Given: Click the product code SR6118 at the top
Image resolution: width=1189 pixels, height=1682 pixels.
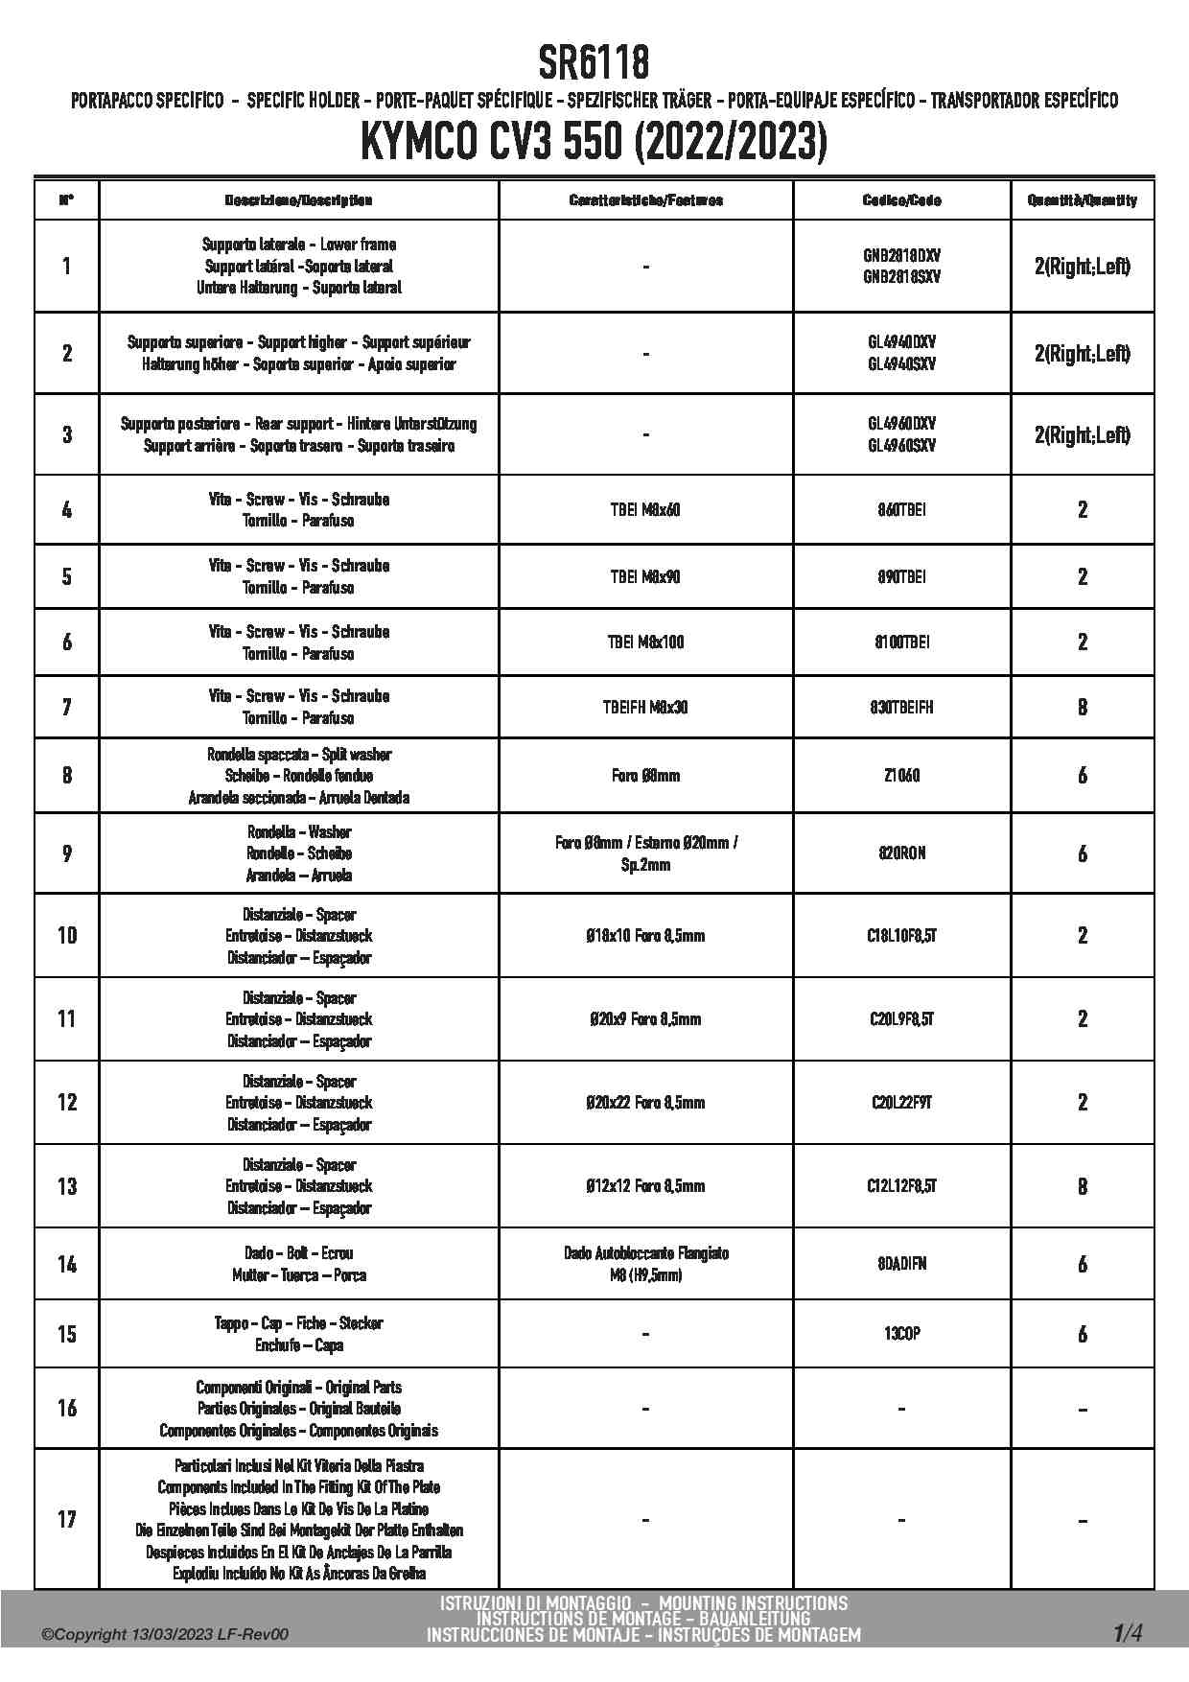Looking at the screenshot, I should pos(594,63).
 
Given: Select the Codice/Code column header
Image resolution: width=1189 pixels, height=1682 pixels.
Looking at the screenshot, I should pos(901,200).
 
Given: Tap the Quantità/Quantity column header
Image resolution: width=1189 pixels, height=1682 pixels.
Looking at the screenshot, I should pos(1082,200).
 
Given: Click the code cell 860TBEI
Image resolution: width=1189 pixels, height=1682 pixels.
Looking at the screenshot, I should pos(901,510).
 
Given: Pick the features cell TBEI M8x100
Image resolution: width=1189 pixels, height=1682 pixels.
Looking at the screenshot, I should pos(645,642).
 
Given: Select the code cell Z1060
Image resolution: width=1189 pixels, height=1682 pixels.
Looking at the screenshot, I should pos(901,775).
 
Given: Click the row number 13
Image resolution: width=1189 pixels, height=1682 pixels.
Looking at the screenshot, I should pos(67,1186).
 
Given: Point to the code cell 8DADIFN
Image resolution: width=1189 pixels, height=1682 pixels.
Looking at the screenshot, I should pos(901,1264).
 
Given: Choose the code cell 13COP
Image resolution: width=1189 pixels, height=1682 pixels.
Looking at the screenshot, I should pos(901,1334).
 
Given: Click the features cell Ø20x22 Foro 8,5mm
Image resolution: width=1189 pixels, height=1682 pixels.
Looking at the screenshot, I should pos(645,1103).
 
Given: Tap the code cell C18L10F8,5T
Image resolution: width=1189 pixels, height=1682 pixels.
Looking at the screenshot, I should pos(901,935).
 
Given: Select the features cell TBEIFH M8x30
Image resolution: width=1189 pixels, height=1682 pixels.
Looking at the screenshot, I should pos(645,708).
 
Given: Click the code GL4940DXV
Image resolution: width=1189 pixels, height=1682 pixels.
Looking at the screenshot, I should pos(901,342).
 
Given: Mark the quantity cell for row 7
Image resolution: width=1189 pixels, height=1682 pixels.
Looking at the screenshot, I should pos(1083,708).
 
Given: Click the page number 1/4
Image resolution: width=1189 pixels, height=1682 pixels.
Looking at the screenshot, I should pos(1128,1633).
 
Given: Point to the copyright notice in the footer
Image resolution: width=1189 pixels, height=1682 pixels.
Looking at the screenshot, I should pos(165,1635).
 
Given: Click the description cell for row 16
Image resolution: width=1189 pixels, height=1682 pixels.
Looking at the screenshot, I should pos(299,1409).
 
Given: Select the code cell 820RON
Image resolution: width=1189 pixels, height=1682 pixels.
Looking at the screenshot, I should pos(901,853).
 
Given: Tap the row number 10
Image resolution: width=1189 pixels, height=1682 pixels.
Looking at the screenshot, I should pos(67,935).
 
